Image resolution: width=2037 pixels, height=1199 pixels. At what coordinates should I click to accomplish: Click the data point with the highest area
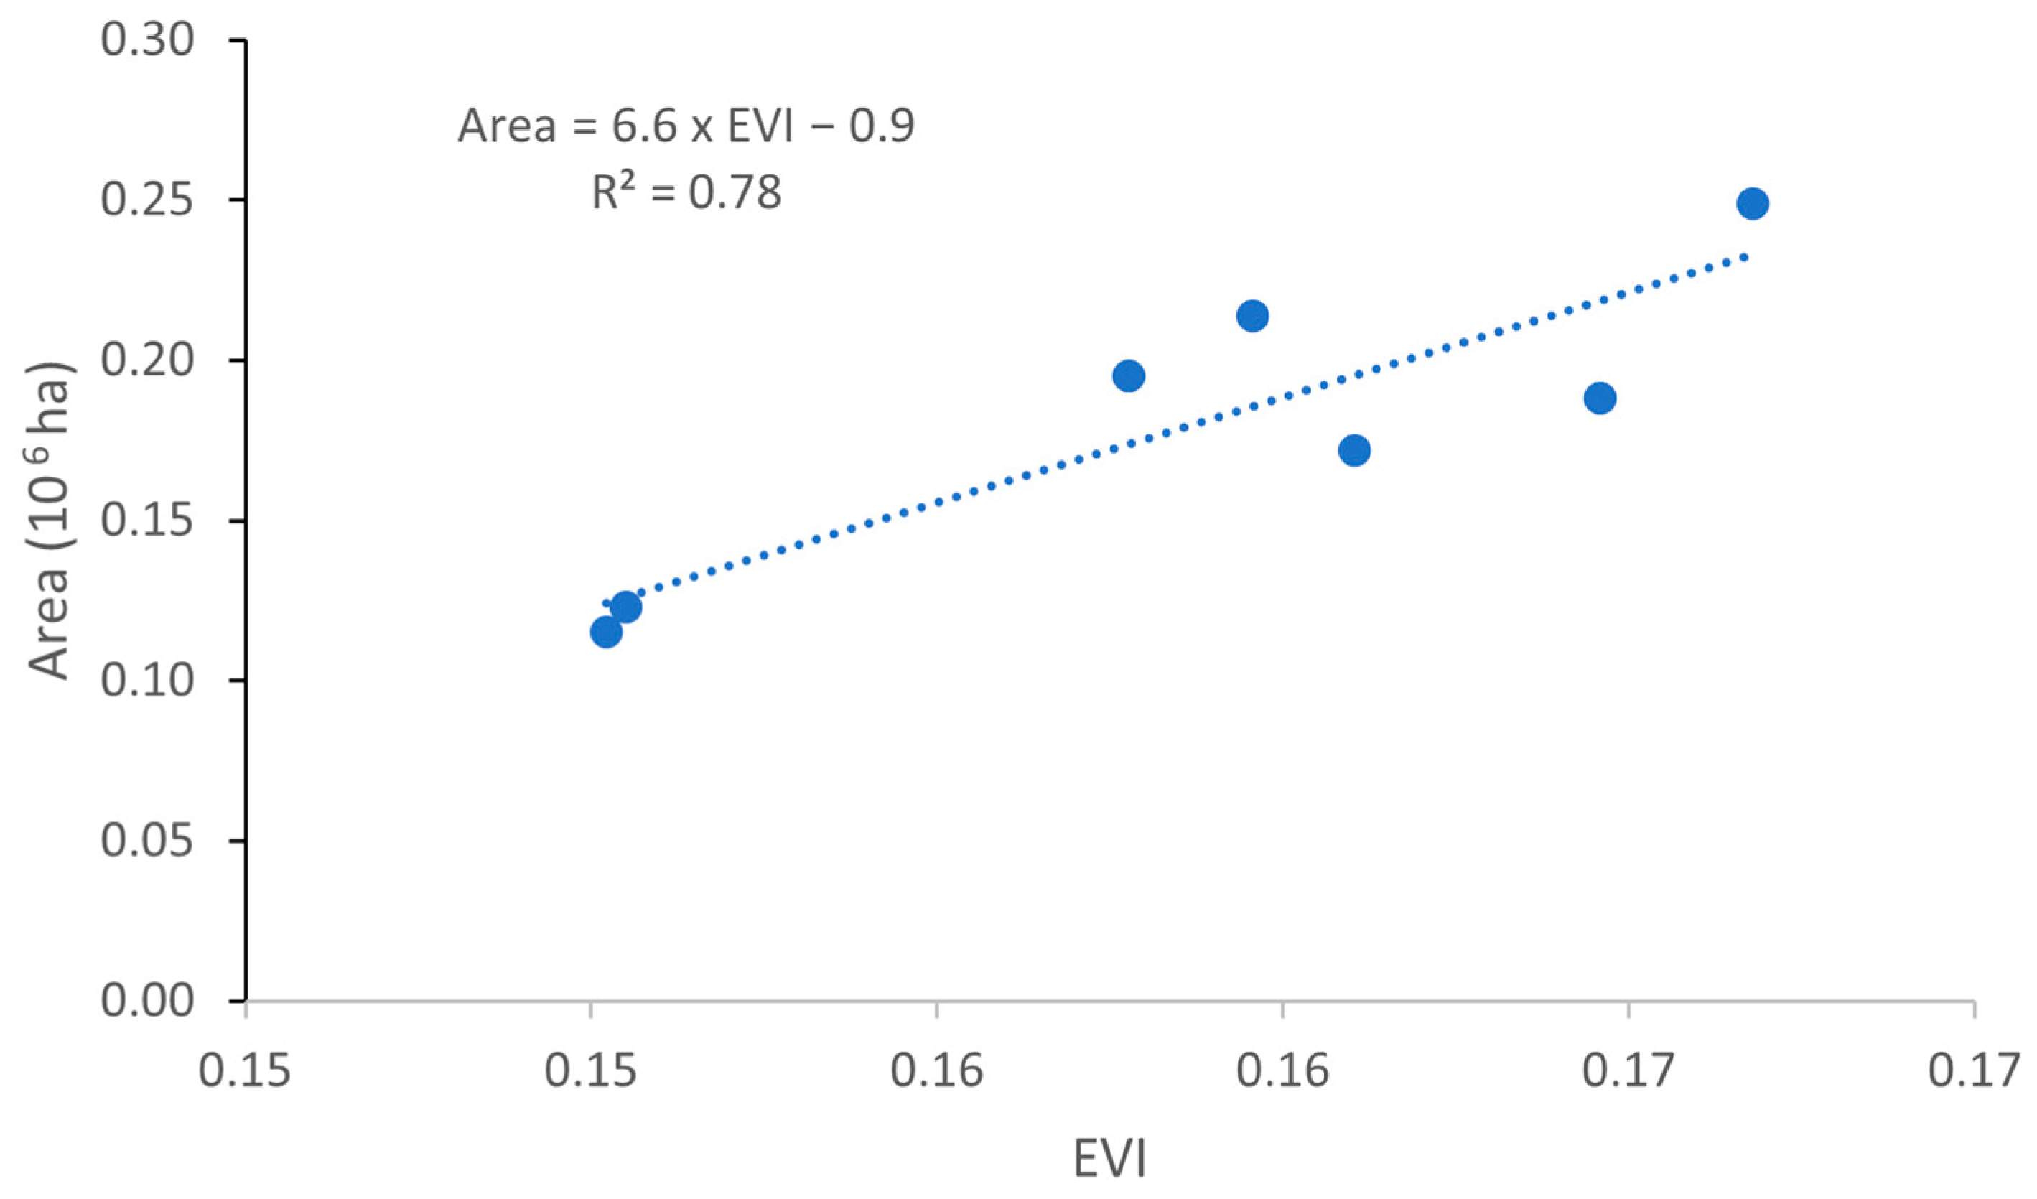(1752, 203)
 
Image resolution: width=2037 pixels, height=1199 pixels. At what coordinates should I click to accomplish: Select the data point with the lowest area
(605, 631)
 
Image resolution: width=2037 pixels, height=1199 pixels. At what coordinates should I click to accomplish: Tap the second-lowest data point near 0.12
(625, 607)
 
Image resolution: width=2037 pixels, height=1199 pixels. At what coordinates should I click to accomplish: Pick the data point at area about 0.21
(1252, 315)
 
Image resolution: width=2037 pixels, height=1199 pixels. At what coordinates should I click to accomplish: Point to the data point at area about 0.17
(1354, 450)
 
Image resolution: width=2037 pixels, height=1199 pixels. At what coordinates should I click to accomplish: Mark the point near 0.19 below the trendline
(1600, 398)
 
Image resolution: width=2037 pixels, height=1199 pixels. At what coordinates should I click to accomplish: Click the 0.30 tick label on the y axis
(147, 39)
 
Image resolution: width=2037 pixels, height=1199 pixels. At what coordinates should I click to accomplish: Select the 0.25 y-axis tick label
(147, 200)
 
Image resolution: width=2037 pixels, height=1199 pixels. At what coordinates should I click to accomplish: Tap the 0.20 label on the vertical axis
(147, 360)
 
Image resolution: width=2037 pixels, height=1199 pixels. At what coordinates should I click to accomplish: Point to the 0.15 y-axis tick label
(147, 520)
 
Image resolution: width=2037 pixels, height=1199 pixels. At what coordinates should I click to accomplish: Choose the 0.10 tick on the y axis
(147, 680)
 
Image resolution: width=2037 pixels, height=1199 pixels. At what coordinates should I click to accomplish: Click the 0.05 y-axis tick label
(147, 840)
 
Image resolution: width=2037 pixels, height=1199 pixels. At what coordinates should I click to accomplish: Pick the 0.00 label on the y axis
(147, 1000)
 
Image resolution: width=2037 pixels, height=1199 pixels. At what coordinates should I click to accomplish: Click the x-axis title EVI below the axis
(1110, 1159)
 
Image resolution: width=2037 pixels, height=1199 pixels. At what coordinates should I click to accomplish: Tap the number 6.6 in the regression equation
(643, 126)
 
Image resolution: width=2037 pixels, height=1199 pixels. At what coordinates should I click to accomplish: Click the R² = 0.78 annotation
(686, 192)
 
